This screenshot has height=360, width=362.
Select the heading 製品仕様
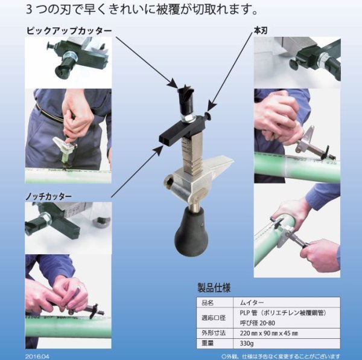tap(214, 288)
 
